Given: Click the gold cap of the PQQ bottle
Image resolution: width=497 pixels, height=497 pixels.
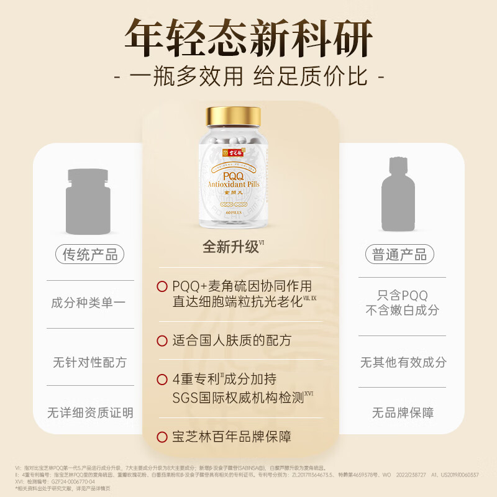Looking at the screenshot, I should coord(234,116).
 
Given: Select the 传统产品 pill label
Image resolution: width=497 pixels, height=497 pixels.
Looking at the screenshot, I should coord(90,254).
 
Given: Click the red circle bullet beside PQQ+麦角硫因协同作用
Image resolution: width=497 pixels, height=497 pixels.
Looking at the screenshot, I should coord(162,286).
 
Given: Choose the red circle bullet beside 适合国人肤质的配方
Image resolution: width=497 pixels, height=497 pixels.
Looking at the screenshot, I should coord(162,340).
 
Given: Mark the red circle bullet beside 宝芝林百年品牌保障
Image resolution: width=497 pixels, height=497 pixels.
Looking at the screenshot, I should coord(162,437).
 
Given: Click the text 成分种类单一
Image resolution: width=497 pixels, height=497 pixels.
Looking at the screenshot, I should coord(88,303).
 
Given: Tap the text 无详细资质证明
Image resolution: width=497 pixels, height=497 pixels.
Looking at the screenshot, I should coord(90,412).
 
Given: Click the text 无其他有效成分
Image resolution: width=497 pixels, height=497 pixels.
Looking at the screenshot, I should coord(403,362).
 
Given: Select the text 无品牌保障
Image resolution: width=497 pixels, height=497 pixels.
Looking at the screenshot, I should coord(403,412).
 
